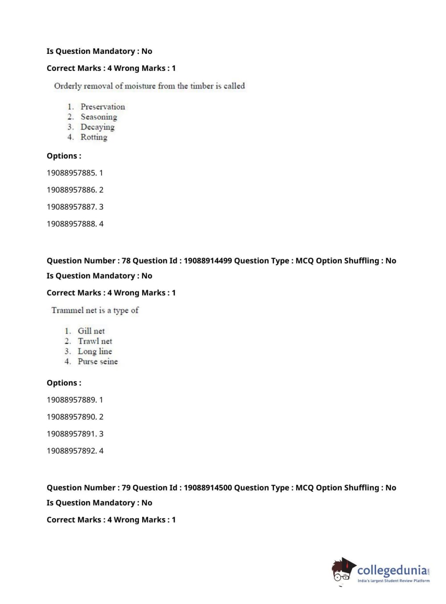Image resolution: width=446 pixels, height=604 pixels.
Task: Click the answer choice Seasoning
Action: (98, 117)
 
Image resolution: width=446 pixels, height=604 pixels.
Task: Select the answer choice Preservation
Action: (102, 106)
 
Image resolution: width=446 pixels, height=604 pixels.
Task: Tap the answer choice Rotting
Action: (94, 137)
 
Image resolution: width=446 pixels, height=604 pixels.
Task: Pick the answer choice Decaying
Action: (97, 127)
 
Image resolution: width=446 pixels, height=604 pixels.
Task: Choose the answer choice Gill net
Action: (91, 331)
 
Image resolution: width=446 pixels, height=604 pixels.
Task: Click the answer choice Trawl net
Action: (95, 341)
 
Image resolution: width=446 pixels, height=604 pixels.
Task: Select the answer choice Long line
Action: (94, 351)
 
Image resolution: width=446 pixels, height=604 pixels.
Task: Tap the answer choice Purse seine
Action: (98, 362)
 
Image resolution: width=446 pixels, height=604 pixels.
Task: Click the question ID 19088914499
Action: (208, 261)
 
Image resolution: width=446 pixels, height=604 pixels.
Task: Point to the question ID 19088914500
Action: (208, 488)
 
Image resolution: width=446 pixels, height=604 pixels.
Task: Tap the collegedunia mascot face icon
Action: (342, 571)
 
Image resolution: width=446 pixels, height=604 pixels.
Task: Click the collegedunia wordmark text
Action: (392, 570)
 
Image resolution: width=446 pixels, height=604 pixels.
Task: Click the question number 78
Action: (126, 261)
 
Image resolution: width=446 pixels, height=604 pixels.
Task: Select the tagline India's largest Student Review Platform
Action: (393, 581)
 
